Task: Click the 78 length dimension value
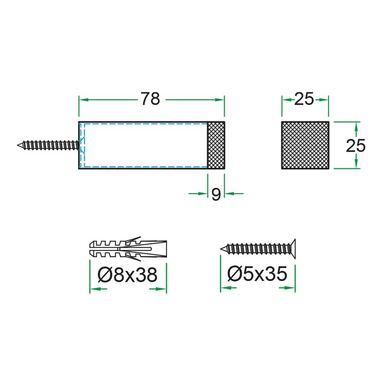(x=150, y=99)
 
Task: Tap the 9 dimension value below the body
(x=216, y=194)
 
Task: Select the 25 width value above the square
(x=304, y=99)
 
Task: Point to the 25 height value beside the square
(x=356, y=145)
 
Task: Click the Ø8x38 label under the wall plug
(x=128, y=274)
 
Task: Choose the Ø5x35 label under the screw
(x=257, y=273)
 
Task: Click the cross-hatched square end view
(x=305, y=145)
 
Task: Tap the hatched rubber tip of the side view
(x=216, y=145)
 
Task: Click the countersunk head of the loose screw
(x=293, y=249)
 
